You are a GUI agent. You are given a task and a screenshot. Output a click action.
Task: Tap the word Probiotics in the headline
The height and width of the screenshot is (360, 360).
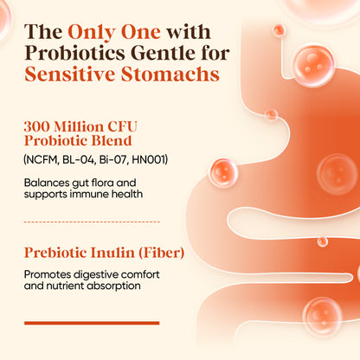(x=75, y=53)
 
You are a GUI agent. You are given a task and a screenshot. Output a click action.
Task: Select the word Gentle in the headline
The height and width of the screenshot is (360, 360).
(x=164, y=53)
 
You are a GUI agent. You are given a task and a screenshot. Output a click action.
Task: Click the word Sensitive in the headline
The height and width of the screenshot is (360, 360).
(x=70, y=74)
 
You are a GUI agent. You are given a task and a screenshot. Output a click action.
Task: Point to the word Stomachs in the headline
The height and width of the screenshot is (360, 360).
(x=170, y=74)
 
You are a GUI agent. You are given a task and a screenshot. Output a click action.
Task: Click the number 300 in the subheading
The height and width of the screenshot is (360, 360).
(x=36, y=126)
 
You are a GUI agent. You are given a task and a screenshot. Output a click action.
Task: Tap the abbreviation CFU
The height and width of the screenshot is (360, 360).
(x=122, y=126)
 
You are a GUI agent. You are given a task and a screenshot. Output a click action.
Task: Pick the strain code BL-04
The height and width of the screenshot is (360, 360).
(x=79, y=159)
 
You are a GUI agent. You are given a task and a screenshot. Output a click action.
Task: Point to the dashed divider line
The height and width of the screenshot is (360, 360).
(x=92, y=222)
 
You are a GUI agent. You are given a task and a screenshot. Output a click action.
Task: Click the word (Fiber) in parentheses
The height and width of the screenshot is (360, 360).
(x=162, y=253)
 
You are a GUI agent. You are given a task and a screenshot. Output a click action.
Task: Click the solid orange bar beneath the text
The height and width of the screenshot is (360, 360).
(x=92, y=323)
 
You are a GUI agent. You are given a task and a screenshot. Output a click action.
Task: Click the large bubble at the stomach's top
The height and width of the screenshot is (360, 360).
(x=313, y=65)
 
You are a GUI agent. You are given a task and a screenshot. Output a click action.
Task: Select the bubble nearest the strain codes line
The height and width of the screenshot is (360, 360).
(x=222, y=173)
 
